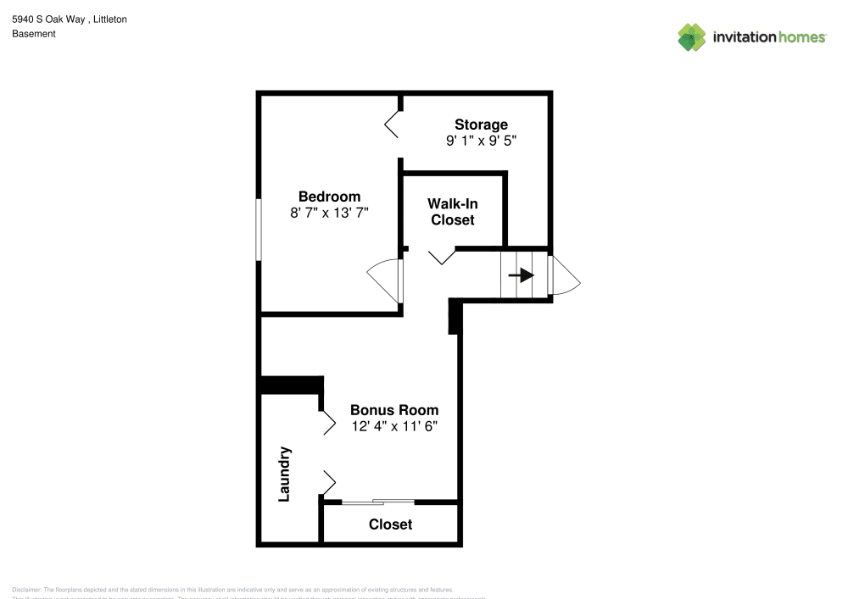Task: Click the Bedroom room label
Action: coord(329,197)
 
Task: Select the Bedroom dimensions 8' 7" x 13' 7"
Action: coord(329,214)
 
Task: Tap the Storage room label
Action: coord(481,125)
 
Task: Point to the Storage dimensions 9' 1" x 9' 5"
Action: coord(481,141)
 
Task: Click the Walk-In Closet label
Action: coord(452,212)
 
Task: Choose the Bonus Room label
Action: coord(393,410)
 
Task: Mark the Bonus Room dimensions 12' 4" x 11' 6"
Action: coord(393,427)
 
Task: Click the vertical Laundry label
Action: coord(285,474)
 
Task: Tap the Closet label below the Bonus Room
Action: coord(390,524)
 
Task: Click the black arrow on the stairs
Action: coord(521,275)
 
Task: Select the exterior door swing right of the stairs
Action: coord(563,275)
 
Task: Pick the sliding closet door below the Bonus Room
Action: coord(378,502)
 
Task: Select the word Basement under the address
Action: coord(34,34)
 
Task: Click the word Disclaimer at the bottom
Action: coord(26,590)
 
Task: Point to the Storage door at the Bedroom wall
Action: coord(393,124)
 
